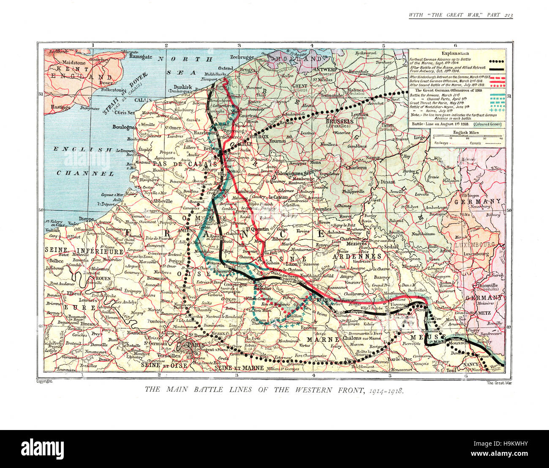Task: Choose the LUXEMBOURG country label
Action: coord(475,245)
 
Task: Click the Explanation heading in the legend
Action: coord(455,54)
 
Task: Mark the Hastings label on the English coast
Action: coord(60,107)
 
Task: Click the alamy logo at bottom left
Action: coord(42,448)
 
